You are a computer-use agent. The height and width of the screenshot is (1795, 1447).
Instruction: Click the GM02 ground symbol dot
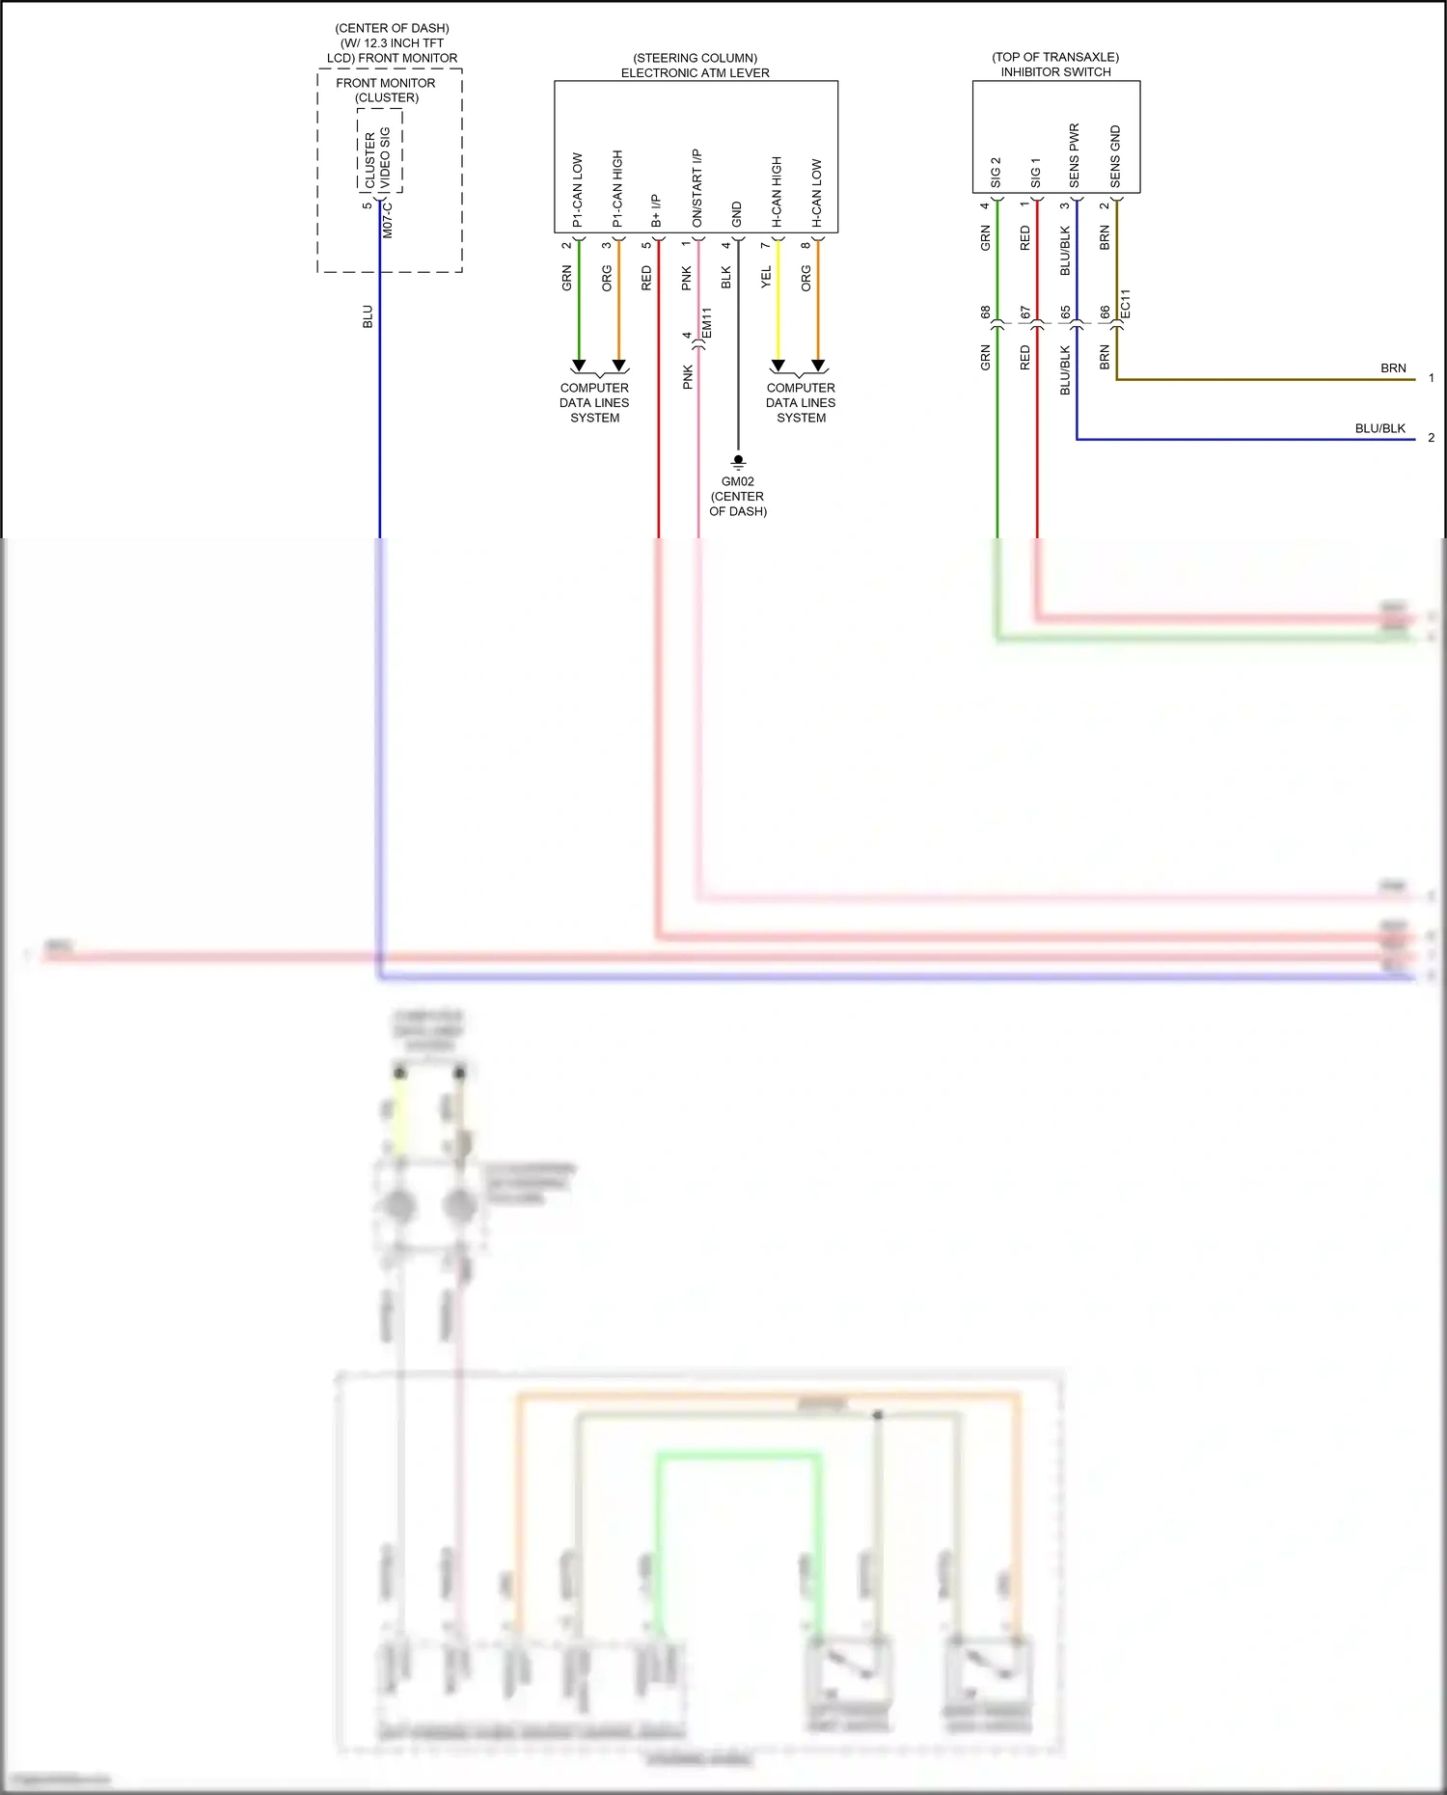[738, 459]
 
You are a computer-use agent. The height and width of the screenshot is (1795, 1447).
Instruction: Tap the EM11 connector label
[706, 323]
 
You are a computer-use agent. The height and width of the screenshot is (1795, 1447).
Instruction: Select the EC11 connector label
[1125, 304]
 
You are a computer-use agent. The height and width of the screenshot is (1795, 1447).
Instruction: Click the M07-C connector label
[388, 219]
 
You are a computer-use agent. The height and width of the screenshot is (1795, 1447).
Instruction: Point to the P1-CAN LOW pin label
[578, 190]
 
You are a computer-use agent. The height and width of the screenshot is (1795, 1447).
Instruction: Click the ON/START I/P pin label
[697, 188]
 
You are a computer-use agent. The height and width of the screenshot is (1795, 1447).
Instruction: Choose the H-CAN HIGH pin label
[777, 192]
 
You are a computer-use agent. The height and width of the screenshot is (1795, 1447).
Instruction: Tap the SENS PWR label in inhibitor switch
[1075, 155]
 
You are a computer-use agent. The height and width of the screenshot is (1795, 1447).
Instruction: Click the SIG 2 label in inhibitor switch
[996, 173]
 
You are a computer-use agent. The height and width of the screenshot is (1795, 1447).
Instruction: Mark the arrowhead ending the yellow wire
[778, 366]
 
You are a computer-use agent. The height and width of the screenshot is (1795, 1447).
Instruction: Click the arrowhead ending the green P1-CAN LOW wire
[579, 366]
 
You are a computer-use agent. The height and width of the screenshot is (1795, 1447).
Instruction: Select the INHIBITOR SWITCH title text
[1055, 72]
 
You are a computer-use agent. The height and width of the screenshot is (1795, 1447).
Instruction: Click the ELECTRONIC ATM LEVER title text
[695, 73]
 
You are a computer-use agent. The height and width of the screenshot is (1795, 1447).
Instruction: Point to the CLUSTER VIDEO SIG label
[378, 157]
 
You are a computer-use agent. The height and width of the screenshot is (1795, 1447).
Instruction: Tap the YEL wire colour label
[766, 278]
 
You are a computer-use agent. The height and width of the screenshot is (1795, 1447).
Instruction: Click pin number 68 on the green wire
[985, 313]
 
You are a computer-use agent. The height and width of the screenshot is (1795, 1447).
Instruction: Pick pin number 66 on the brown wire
[1105, 313]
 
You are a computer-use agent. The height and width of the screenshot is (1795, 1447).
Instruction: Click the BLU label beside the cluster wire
[368, 316]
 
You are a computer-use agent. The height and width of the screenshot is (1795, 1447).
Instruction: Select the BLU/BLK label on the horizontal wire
[1379, 428]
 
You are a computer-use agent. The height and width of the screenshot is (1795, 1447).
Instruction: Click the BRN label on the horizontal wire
[1392, 368]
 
